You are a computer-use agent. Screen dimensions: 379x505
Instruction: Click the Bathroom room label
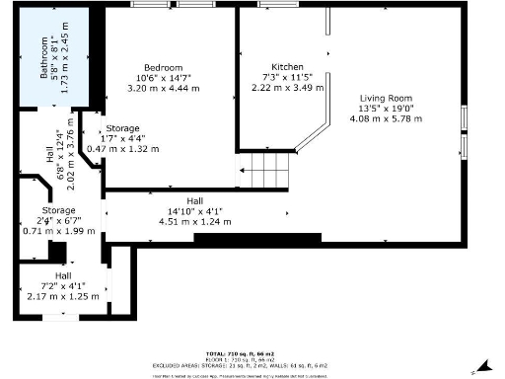[43, 58]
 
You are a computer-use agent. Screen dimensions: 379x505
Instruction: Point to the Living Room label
[386, 98]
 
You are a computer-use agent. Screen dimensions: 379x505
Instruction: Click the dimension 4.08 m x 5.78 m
[386, 118]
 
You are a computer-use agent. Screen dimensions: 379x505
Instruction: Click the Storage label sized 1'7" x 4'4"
[123, 128]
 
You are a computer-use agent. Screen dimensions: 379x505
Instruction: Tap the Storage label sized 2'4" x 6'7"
[58, 210]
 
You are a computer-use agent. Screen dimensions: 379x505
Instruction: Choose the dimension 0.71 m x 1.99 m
[58, 231]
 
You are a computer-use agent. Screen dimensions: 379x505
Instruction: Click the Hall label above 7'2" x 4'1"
[63, 275]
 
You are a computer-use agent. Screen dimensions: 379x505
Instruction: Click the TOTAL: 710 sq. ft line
[252, 352]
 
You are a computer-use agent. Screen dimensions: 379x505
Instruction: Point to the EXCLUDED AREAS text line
[252, 364]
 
